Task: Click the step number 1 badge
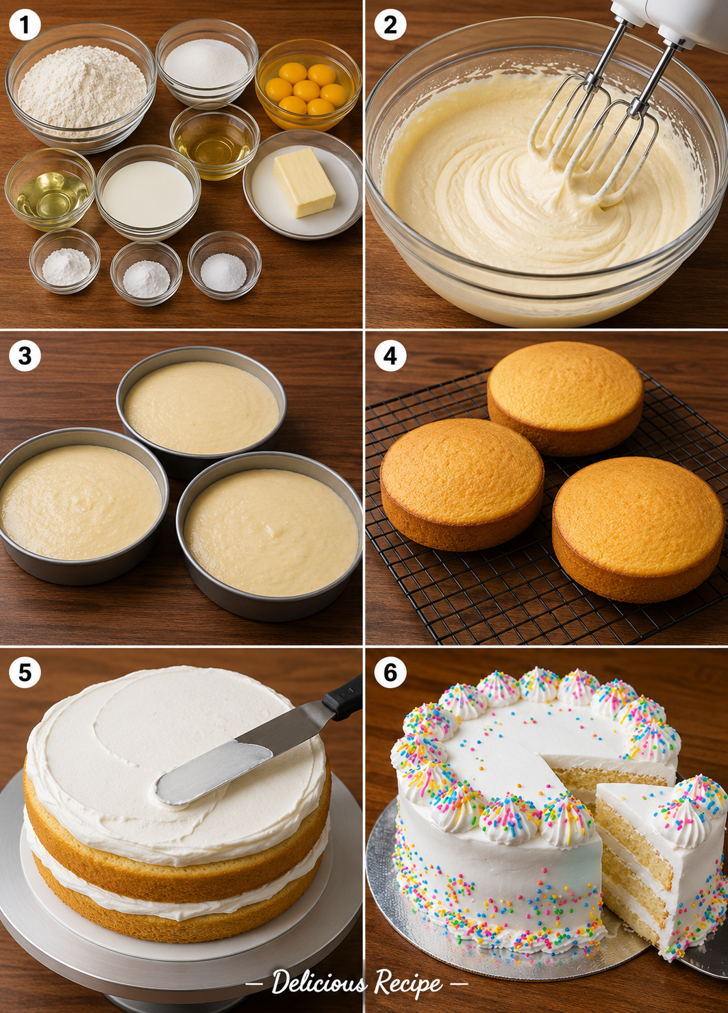click(25, 25)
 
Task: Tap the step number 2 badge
click(390, 25)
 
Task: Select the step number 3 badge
click(25, 355)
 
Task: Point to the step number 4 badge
click(390, 355)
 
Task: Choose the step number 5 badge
click(25, 672)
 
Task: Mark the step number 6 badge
click(390, 672)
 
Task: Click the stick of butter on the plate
click(304, 182)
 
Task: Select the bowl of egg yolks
click(307, 85)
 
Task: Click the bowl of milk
click(148, 192)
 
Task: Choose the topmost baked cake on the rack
click(566, 398)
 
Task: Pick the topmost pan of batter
click(201, 411)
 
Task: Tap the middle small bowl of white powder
click(146, 273)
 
